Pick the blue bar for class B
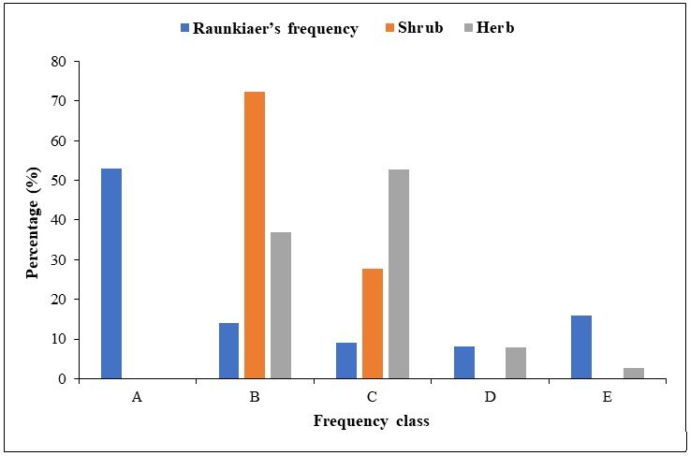(x=229, y=350)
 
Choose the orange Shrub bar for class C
(x=372, y=323)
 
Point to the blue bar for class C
(x=346, y=360)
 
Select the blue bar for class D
(x=464, y=362)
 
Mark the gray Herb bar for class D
(x=515, y=362)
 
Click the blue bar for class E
(x=581, y=346)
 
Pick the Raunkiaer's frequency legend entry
(x=275, y=28)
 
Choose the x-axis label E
(x=607, y=397)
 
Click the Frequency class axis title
(x=372, y=421)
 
